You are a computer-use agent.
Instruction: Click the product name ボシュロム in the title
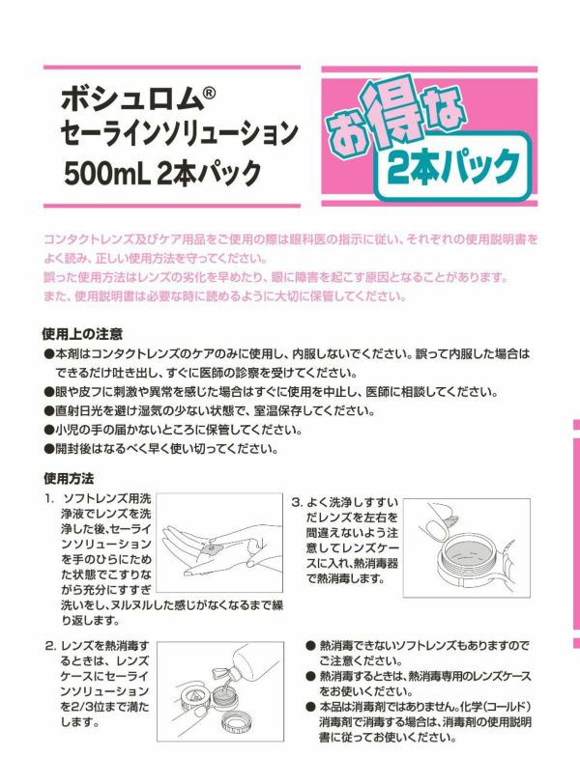pos(131,99)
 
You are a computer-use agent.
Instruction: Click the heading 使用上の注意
pos(83,333)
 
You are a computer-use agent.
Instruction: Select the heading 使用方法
pos(69,479)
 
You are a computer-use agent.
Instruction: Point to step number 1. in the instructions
pos(49,499)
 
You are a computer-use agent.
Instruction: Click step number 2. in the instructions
pos(50,647)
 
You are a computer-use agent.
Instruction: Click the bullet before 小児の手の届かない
pos(48,430)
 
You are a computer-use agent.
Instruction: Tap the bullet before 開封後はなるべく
pos(48,449)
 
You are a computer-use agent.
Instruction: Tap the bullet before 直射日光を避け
pos(48,411)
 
